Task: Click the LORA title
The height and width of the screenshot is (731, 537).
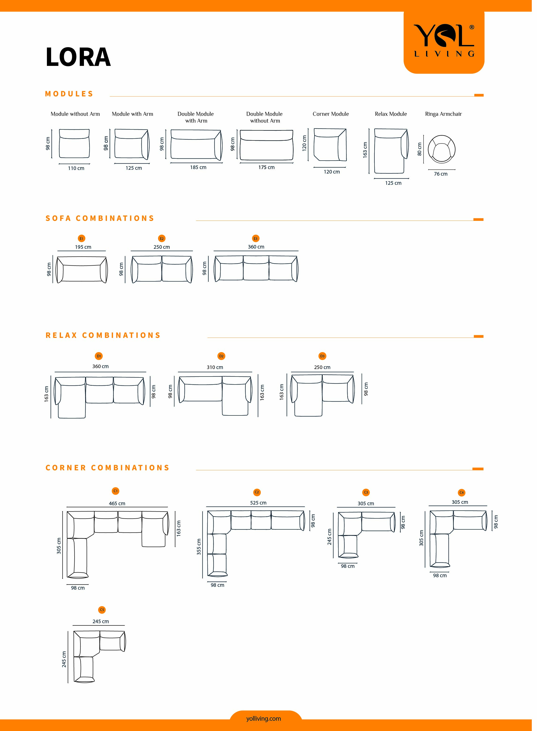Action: point(78,57)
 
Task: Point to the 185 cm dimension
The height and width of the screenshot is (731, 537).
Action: point(198,167)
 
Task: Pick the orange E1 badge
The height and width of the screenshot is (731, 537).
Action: point(81,239)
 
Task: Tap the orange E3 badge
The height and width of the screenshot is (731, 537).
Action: point(256,239)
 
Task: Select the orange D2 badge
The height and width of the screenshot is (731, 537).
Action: point(221,356)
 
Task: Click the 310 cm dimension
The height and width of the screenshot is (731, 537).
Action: point(215,367)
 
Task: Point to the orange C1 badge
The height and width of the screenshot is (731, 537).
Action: point(115,491)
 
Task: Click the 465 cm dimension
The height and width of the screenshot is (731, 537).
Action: point(117,504)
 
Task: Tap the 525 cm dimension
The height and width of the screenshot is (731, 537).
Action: point(258,503)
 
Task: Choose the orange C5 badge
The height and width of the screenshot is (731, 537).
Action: point(102,610)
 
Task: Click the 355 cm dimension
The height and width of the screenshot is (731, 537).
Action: point(199,546)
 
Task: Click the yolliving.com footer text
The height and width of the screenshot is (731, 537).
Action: point(263,719)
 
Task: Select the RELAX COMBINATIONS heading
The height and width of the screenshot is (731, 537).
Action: point(103,335)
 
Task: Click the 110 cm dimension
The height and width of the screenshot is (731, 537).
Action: point(76,168)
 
